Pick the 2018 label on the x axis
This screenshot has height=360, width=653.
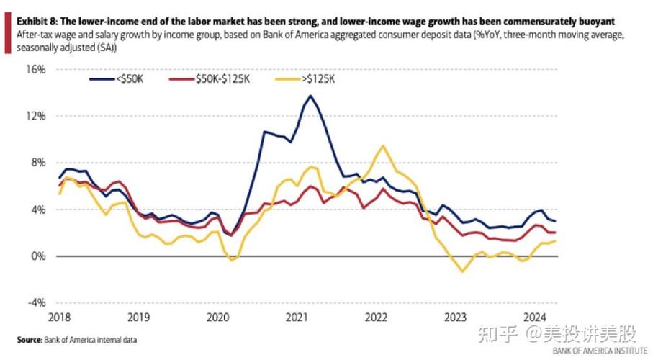pyautogui.click(x=59, y=317)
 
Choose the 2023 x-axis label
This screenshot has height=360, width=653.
pyautogui.click(x=454, y=317)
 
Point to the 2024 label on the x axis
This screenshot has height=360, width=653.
pyautogui.click(x=533, y=317)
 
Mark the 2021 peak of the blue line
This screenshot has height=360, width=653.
pyautogui.click(x=310, y=96)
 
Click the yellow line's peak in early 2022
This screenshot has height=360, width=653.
pyautogui.click(x=382, y=146)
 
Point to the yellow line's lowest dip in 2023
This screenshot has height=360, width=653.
pyautogui.click(x=462, y=271)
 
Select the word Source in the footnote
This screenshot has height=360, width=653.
pyautogui.click(x=29, y=338)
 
